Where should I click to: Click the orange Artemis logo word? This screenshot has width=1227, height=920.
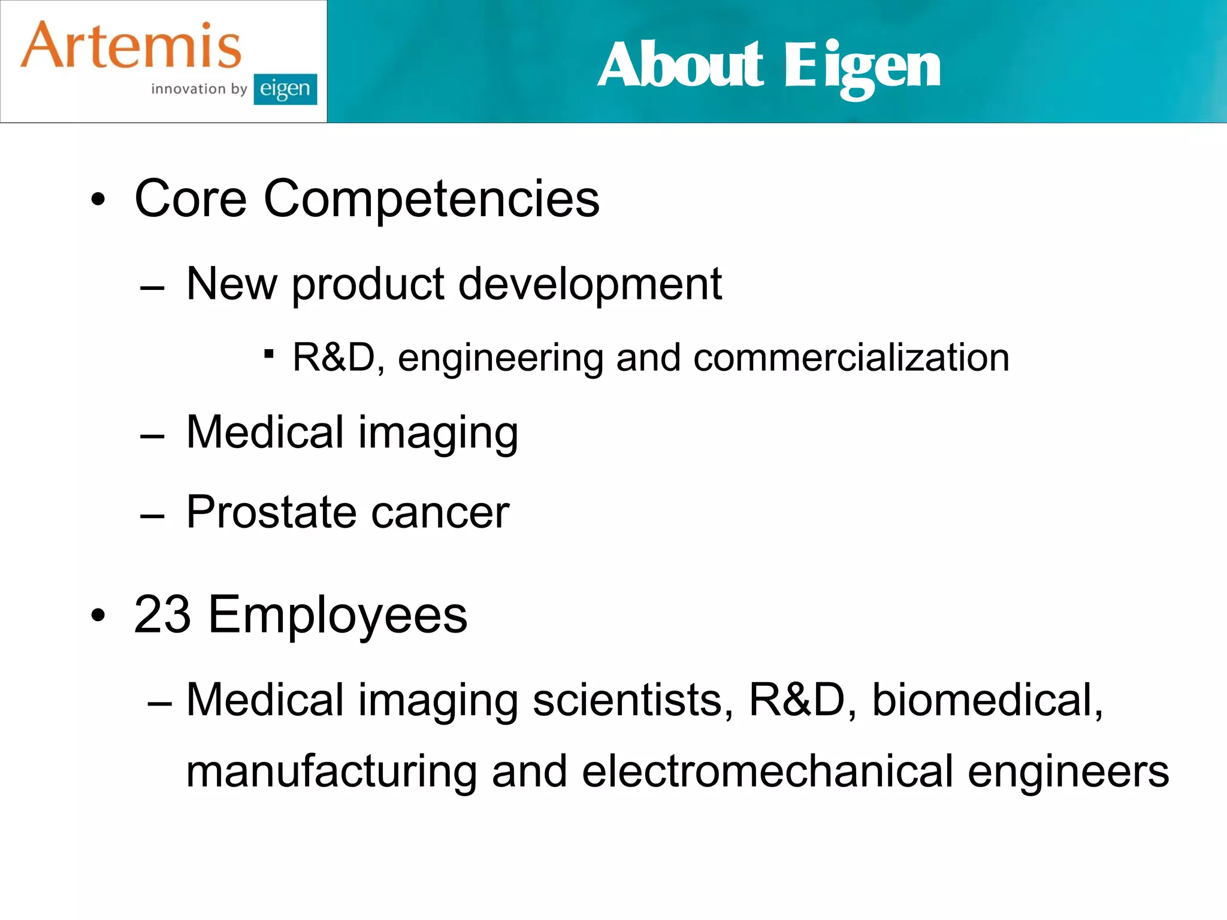click(x=131, y=46)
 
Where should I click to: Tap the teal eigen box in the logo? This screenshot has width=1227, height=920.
click(x=285, y=89)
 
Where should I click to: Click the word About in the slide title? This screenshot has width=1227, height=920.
click(x=681, y=65)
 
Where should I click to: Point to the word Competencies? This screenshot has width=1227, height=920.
click(x=431, y=199)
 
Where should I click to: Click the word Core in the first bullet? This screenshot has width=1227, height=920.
click(x=191, y=199)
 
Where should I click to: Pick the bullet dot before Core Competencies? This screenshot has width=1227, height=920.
click(x=98, y=199)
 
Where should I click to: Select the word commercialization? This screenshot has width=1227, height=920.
click(x=851, y=358)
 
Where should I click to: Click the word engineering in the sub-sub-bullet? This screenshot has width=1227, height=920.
click(x=500, y=359)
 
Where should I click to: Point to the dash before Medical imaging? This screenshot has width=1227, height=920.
click(x=152, y=437)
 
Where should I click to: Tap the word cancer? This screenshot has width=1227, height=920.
click(x=440, y=514)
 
